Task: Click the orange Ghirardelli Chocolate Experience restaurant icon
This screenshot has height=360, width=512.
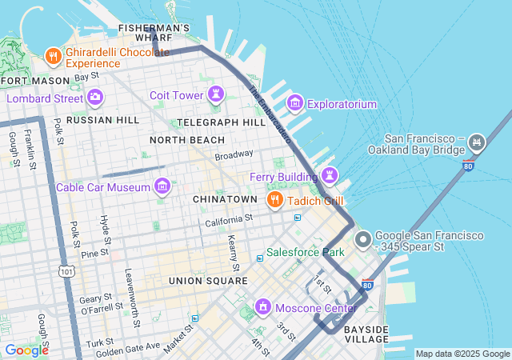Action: point(54,56)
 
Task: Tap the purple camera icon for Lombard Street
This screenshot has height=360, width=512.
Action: point(96,98)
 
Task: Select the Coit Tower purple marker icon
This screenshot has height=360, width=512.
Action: point(215,95)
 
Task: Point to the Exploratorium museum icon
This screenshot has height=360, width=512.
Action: point(294,103)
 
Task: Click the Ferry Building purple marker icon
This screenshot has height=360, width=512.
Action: point(329,175)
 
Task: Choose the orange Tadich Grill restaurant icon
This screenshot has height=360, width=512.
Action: point(274,199)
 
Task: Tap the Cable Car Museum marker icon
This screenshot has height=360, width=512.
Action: point(162,186)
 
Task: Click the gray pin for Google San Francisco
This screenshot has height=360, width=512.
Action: point(362,239)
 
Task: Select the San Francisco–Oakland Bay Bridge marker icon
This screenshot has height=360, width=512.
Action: point(477,143)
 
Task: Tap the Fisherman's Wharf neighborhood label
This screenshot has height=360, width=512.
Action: point(154,32)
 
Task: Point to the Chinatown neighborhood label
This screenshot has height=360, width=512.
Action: point(225,198)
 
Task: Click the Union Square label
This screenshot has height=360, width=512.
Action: point(208,281)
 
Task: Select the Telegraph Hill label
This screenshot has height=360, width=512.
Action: point(221,122)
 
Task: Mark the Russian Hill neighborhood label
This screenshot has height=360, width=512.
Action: point(102,120)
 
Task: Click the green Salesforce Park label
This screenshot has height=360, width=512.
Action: point(305,252)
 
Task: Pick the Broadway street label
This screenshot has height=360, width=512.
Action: point(234,154)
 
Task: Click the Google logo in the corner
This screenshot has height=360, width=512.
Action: point(26,350)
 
